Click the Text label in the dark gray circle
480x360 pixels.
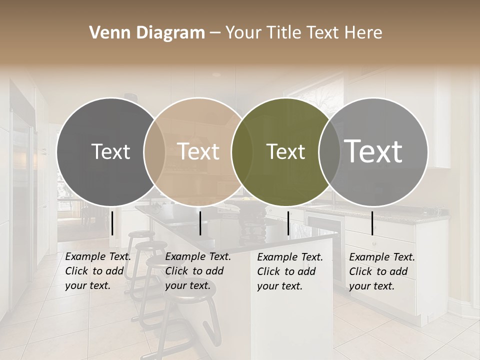[110, 151]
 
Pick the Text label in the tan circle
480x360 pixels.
[198, 151]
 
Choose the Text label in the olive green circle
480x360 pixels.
[285, 151]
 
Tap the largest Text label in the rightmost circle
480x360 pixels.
[373, 151]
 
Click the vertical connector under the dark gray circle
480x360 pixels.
[112, 223]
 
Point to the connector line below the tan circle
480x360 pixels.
[200, 223]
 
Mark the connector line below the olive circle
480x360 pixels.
[288, 223]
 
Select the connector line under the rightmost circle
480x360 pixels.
[372, 223]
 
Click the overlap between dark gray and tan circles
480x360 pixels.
[154, 151]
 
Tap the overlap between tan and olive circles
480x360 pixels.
[242, 151]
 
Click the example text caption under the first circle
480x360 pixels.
[98, 271]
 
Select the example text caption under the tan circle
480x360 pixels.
[198, 271]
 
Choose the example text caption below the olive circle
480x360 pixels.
[290, 271]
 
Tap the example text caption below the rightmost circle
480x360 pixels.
[382, 271]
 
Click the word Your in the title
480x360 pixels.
[243, 33]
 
